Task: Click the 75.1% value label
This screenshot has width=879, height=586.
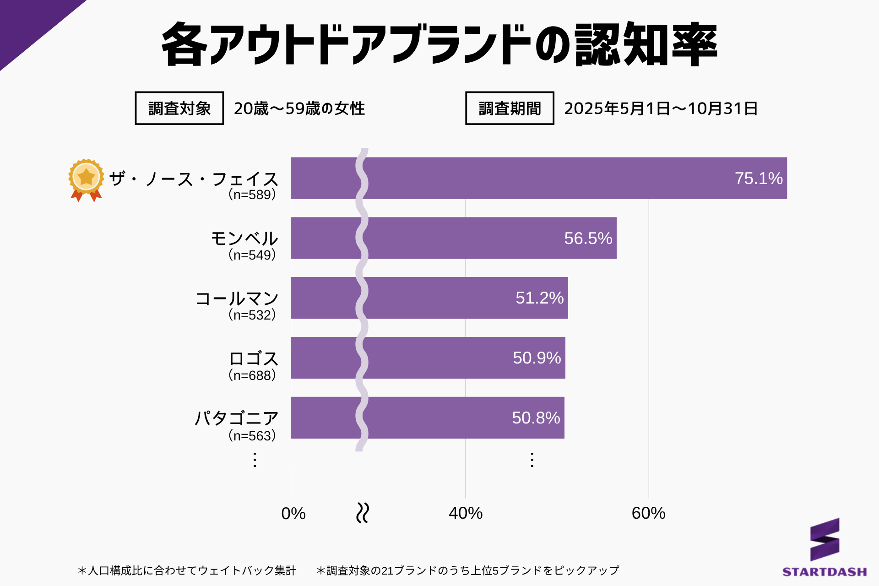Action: pos(759,179)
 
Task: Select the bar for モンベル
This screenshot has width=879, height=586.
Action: pos(453,238)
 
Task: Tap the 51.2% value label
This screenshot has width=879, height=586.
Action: pos(539,298)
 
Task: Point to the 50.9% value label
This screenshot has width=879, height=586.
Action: pos(537,358)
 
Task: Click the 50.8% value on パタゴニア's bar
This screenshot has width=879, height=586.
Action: pos(536,418)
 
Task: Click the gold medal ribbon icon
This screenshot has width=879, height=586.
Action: pos(86,180)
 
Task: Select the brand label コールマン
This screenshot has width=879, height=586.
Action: pos(237,298)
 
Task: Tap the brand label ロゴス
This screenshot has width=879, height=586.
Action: pos(253,358)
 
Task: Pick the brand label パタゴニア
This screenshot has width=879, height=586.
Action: pos(236,418)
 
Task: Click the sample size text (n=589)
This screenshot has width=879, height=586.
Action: pos(252,195)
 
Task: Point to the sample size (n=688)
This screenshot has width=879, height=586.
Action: pos(252,375)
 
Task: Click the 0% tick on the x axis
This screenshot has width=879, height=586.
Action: pos(293,514)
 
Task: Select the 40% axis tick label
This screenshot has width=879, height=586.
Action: pos(466,513)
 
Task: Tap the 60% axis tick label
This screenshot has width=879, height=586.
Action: pos(648,513)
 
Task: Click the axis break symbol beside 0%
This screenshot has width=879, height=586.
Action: pos(363,513)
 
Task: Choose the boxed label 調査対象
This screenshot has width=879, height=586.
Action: pos(179,109)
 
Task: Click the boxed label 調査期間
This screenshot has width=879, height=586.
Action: pos(510,109)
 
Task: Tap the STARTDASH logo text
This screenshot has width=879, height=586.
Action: pos(825,572)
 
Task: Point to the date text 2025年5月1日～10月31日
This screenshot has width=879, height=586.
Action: pos(661,109)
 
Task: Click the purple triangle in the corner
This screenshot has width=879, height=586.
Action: pos(27,23)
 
